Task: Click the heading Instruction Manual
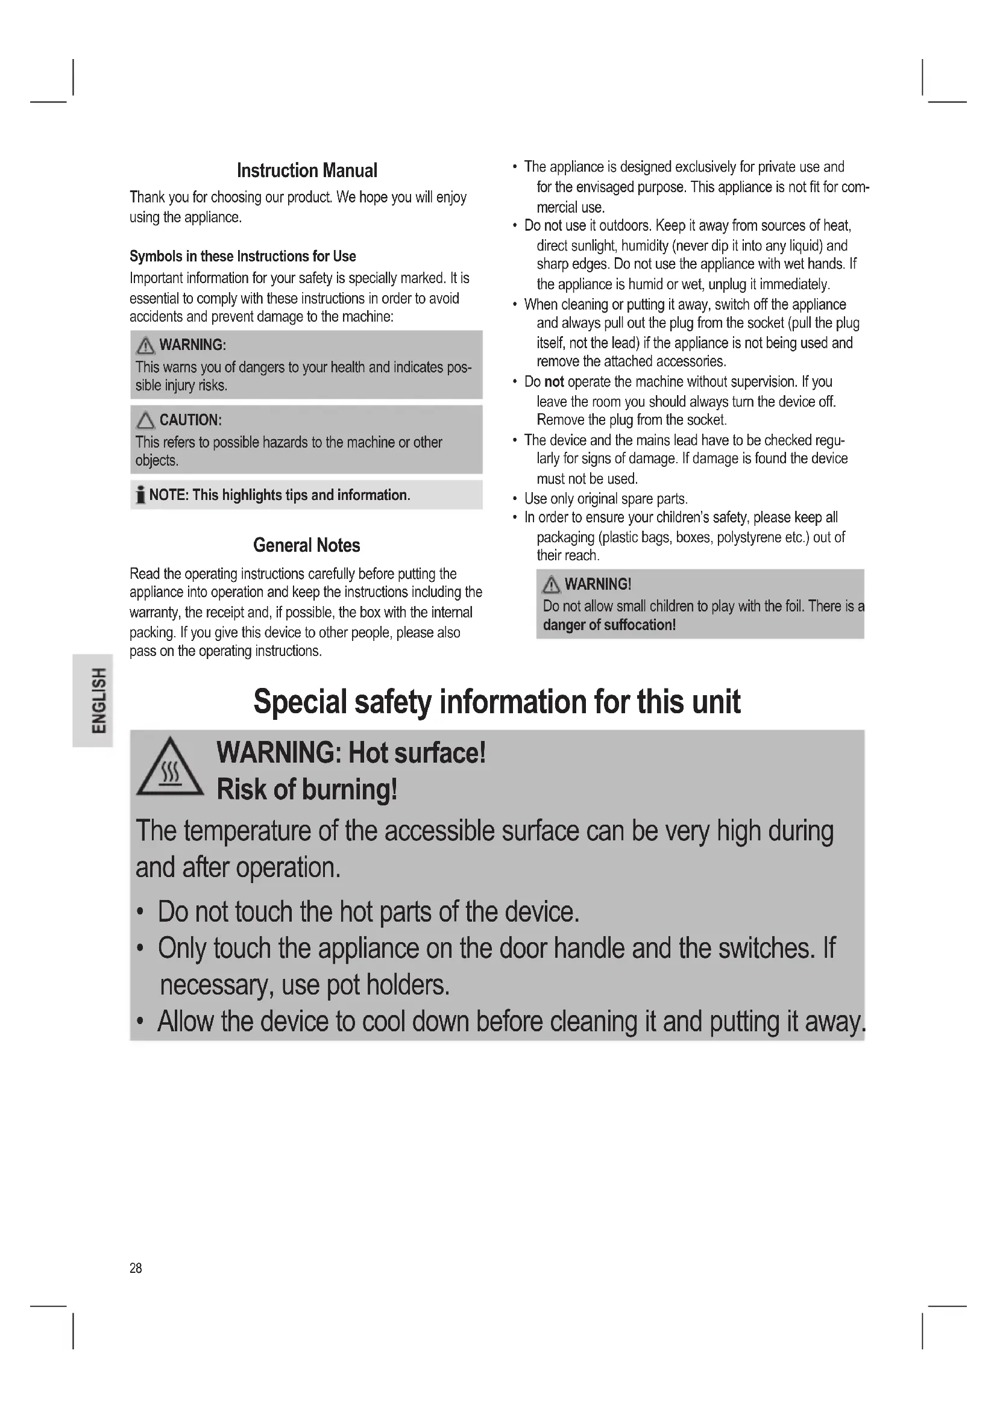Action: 307,170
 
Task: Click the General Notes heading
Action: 306,546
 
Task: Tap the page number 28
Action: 136,1268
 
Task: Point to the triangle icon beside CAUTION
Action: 145,421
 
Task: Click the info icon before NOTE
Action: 140,495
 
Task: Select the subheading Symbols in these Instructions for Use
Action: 242,257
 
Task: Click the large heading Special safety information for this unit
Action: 497,701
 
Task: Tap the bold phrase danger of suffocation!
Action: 609,625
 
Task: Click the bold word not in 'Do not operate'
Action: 554,382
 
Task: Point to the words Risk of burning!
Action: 307,790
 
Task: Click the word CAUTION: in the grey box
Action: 190,420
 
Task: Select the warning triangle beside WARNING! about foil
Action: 552,585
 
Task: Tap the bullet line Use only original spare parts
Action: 605,499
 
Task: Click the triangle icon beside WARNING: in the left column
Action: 145,346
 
